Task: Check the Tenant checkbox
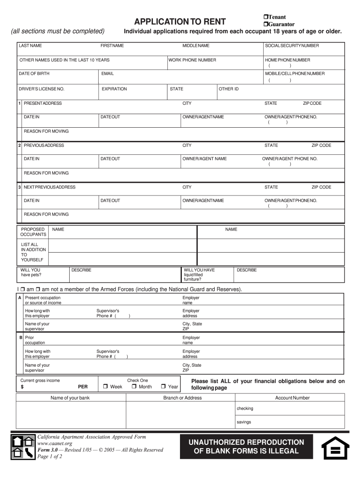pyautogui.click(x=265, y=17)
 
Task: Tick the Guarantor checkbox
pyautogui.click(x=265, y=24)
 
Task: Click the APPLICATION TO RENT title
pyautogui.click(x=180, y=22)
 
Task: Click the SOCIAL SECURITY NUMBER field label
pyautogui.click(x=292, y=46)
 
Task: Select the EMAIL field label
pyautogui.click(x=108, y=73)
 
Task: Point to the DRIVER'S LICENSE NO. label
pyautogui.click(x=42, y=89)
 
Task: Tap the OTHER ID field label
pyautogui.click(x=229, y=89)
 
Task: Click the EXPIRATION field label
pyautogui.click(x=114, y=89)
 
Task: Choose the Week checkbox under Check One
pyautogui.click(x=106, y=387)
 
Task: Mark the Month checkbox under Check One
pyautogui.click(x=134, y=387)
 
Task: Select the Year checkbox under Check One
pyautogui.click(x=163, y=387)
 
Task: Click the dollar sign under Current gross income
pyautogui.click(x=22, y=387)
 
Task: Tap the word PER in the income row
pyautogui.click(x=83, y=387)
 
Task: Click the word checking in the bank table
pyautogui.click(x=245, y=408)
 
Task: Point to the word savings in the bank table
pyautogui.click(x=244, y=422)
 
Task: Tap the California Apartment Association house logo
pyautogui.click(x=23, y=447)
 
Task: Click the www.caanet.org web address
pyautogui.click(x=55, y=443)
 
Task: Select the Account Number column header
pyautogui.click(x=292, y=398)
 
